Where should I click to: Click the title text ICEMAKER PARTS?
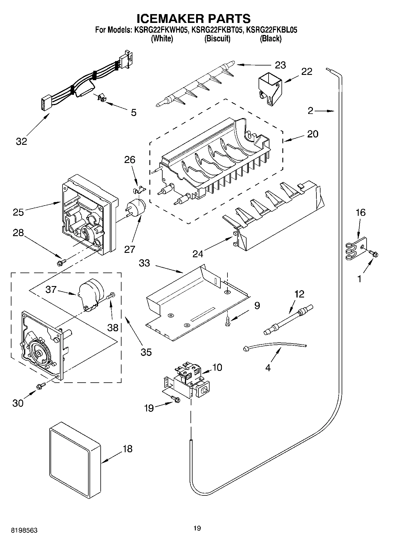click(194, 19)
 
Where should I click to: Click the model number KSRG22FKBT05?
click(217, 30)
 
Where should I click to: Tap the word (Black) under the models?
click(270, 38)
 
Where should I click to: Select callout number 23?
click(280, 65)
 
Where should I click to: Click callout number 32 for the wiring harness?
click(21, 141)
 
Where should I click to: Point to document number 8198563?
click(24, 530)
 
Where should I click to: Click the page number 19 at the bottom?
click(197, 528)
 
